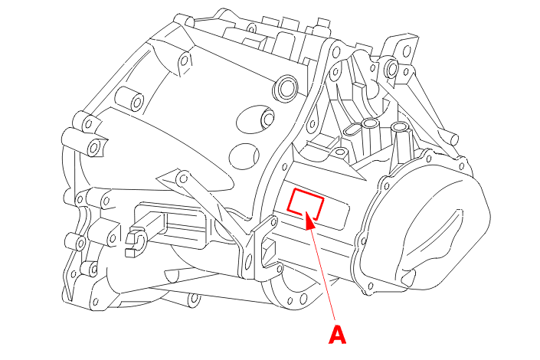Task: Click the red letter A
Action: click(x=337, y=335)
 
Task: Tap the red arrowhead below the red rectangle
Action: click(x=309, y=221)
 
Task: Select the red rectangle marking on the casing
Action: click(x=306, y=204)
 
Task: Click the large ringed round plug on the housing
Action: click(x=286, y=87)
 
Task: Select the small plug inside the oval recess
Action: click(x=267, y=118)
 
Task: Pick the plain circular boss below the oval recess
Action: click(x=244, y=156)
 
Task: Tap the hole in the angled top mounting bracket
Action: click(x=407, y=51)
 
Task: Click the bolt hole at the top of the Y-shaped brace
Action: click(x=184, y=178)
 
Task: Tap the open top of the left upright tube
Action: click(x=370, y=123)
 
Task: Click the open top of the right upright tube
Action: click(x=400, y=127)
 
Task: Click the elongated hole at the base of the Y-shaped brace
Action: click(x=249, y=261)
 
